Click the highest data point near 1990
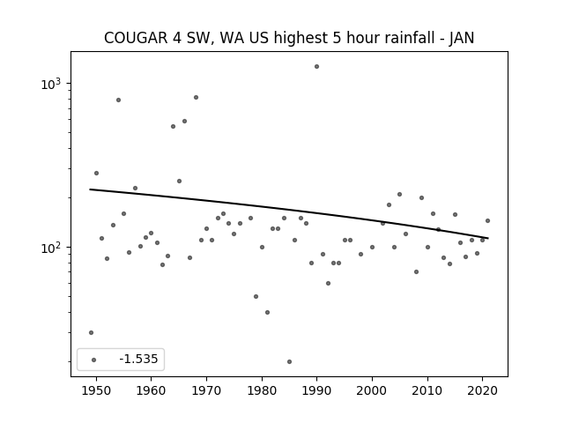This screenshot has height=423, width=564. coord(316,67)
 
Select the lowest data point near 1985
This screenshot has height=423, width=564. coord(289,361)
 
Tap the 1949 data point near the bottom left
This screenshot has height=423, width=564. coord(91,332)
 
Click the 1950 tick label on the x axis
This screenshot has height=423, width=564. coord(96,390)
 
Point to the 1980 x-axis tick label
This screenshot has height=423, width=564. coord(262,390)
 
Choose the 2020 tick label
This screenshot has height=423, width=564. coord(482,390)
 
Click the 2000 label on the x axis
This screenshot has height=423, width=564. coord(372,390)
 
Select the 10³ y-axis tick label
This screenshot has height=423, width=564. coord(51,84)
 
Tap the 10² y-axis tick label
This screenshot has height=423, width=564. coord(51,248)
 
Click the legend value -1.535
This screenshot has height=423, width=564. coord(138,359)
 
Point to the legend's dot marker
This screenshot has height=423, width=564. coord(93,360)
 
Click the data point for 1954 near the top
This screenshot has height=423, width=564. coord(118,100)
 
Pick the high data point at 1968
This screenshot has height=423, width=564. coord(196,97)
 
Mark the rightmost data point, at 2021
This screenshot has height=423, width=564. coord(487,220)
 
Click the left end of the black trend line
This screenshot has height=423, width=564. coord(90,189)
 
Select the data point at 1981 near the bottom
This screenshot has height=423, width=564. coord(267,312)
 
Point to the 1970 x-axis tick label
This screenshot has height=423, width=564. coord(206,390)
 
